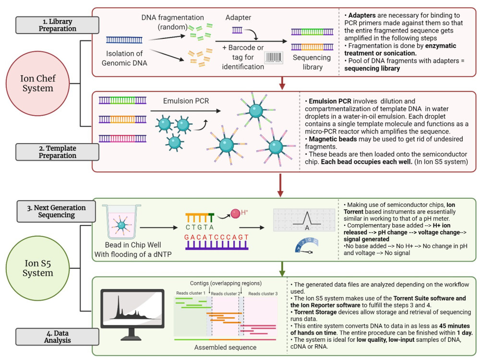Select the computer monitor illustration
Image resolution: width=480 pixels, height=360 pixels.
tap(127, 313)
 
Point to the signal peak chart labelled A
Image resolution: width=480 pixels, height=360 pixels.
tap(303, 220)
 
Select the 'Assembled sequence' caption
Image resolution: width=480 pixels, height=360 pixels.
tap(225, 347)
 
